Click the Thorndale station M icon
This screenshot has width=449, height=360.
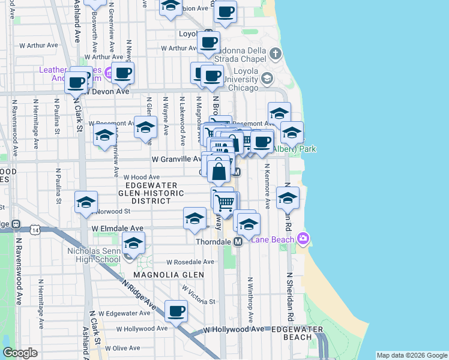coord(238,242)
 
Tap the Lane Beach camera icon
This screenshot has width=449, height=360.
coord(303,239)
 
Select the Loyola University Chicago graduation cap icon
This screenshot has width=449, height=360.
coord(267,78)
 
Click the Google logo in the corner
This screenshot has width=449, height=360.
coord(20,353)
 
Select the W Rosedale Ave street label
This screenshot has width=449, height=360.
coord(190,262)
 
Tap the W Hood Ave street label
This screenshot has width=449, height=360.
coord(142,178)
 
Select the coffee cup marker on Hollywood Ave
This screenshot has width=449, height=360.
coord(176,311)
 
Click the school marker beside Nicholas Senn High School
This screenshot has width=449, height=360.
coord(134,243)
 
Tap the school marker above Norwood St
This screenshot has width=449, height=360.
coord(86,202)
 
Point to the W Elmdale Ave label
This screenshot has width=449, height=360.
coord(118,229)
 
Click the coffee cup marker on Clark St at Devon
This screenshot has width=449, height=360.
coord(76,83)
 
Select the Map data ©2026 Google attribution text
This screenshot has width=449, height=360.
coord(411,355)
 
